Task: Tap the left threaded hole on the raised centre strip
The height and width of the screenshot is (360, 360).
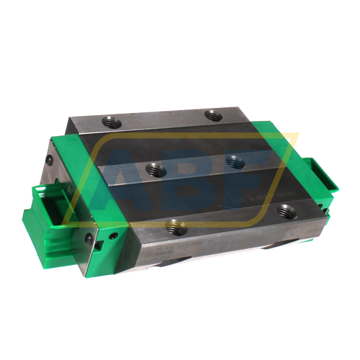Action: point(154,169)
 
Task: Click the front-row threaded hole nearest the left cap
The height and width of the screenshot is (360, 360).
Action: point(173,228)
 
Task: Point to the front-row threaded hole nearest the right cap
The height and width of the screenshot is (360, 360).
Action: point(283,211)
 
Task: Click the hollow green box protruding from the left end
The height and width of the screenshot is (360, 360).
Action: point(45,205)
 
